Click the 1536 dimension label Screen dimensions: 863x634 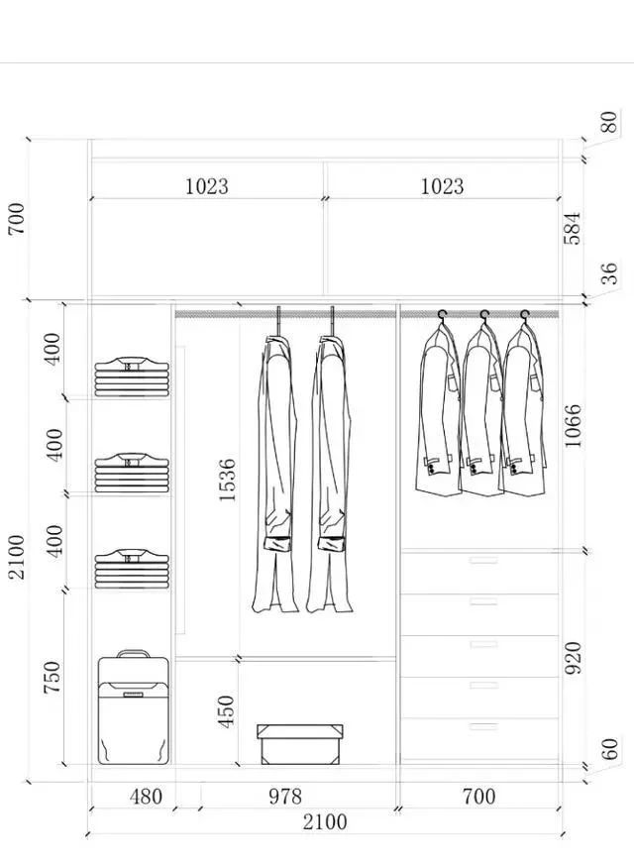[227, 480]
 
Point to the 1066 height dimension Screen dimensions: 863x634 [574, 425]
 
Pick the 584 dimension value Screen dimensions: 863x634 [574, 227]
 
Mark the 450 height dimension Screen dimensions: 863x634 [227, 712]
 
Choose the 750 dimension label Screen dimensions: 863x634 [53, 678]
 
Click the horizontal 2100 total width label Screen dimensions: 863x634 [324, 822]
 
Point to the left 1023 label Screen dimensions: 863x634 [206, 185]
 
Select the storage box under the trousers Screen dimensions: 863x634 [300, 744]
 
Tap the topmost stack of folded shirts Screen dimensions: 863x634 [133, 378]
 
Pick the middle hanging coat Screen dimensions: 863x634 [481, 411]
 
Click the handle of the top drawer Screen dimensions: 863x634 [483, 562]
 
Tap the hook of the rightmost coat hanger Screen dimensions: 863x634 [524, 315]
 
